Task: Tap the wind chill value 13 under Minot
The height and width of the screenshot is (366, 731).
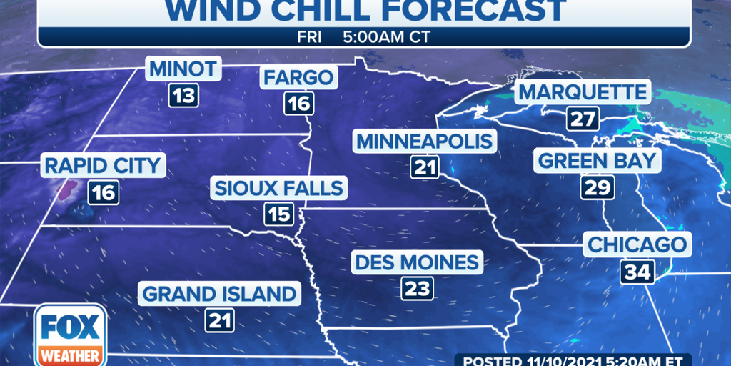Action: pyautogui.click(x=183, y=95)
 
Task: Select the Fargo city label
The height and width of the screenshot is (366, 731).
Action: pyautogui.click(x=298, y=78)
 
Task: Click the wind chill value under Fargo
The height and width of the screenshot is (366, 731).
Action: pyautogui.click(x=298, y=104)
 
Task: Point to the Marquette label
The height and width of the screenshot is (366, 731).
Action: pyautogui.click(x=583, y=92)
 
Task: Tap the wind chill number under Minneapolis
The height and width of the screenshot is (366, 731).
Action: pyautogui.click(x=423, y=167)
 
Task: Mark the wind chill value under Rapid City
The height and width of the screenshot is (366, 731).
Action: pyautogui.click(x=103, y=192)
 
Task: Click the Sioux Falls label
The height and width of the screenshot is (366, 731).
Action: pyautogui.click(x=278, y=189)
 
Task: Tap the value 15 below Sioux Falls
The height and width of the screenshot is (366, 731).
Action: pyautogui.click(x=278, y=214)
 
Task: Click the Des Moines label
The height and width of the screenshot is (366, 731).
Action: pyautogui.click(x=418, y=262)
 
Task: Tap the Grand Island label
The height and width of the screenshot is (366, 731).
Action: pyautogui.click(x=219, y=293)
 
